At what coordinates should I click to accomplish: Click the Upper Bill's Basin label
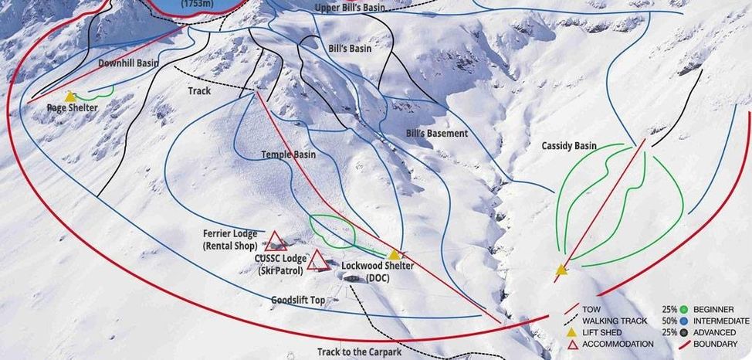coord(351,8)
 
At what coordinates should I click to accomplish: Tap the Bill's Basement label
coord(437,134)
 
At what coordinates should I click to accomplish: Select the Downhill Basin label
coord(127,63)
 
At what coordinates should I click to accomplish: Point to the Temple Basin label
coord(288,155)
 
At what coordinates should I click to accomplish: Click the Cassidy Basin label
coord(569,145)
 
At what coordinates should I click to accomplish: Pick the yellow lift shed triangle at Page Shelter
coord(70,97)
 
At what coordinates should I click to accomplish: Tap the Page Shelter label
coord(73,108)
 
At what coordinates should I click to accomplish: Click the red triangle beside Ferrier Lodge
coord(276,240)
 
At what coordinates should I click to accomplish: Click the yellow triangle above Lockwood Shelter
coord(395,254)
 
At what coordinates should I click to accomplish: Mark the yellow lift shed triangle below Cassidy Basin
coord(561,270)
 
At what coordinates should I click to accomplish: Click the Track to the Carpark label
coord(360,352)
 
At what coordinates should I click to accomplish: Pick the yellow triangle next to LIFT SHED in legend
coord(572,332)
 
